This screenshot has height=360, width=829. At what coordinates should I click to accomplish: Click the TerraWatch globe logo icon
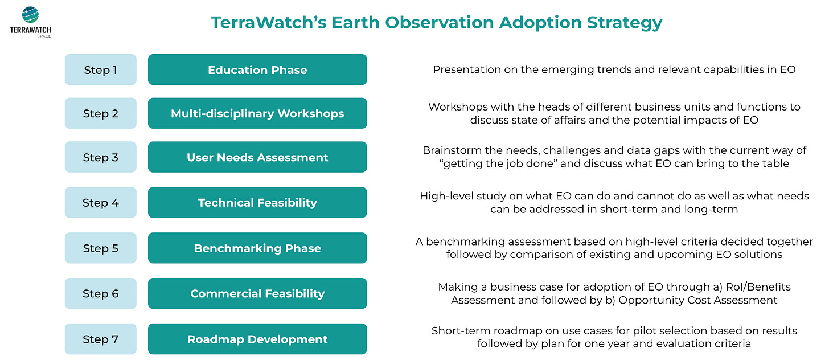click(x=30, y=15)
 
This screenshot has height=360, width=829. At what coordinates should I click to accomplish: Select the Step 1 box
click(x=101, y=69)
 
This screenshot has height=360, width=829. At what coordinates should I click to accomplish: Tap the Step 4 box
click(x=101, y=202)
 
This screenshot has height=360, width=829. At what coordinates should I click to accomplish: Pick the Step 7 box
click(x=101, y=339)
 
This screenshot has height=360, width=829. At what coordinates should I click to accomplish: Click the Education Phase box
click(x=257, y=69)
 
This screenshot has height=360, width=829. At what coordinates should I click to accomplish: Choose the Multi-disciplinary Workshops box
click(x=257, y=113)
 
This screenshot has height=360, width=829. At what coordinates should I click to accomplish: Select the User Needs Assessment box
click(x=257, y=157)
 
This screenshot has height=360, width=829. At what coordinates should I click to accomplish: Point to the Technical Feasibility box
click(x=257, y=202)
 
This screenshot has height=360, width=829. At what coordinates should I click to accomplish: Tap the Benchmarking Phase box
click(x=257, y=248)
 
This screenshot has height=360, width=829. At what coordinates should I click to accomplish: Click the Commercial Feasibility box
click(x=257, y=293)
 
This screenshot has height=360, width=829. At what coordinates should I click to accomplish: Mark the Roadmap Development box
click(x=257, y=339)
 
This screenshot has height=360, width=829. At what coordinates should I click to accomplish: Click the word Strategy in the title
click(x=625, y=23)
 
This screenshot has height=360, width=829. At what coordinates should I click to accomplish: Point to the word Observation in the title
click(x=440, y=22)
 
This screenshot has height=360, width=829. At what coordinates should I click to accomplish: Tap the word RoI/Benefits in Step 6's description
click(x=758, y=287)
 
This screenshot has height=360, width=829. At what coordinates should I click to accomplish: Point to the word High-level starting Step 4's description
click(x=444, y=196)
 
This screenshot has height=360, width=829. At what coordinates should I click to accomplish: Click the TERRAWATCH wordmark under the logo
click(x=30, y=30)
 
